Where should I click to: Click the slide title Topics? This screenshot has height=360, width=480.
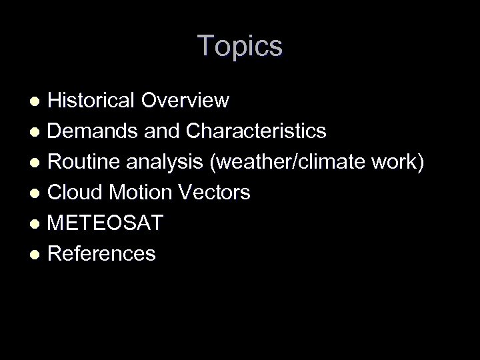240,47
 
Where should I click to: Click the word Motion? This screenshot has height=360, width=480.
141,193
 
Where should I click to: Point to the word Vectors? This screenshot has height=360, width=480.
216,193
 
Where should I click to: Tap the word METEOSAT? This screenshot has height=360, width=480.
105,223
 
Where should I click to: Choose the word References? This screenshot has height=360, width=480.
102,254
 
